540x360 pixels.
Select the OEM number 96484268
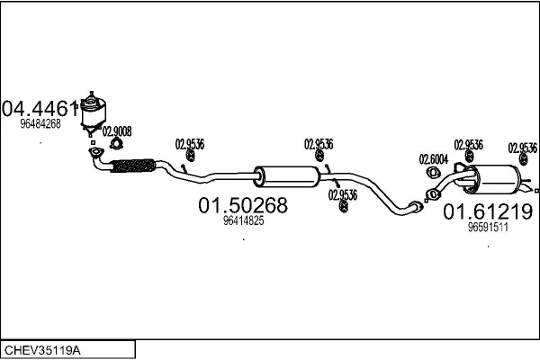click(x=40, y=124)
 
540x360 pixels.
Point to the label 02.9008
click(x=117, y=130)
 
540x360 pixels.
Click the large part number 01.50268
click(x=242, y=205)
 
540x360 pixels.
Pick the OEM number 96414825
click(x=243, y=220)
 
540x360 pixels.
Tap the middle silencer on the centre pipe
click(x=285, y=175)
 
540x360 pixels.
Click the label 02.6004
click(x=433, y=159)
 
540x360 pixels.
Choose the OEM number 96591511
click(x=489, y=228)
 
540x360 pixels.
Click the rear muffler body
click(x=494, y=178)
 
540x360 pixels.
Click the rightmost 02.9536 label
click(x=523, y=147)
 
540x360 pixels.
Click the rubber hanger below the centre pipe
click(x=343, y=208)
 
